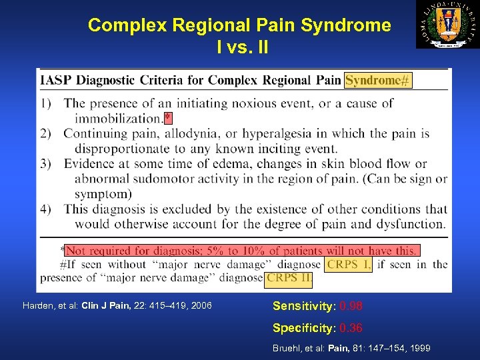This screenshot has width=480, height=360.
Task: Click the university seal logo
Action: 447,25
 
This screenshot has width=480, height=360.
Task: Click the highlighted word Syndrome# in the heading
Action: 378,81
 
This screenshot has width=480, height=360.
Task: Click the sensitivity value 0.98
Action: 352,307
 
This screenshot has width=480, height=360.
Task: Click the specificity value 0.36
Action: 351,329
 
